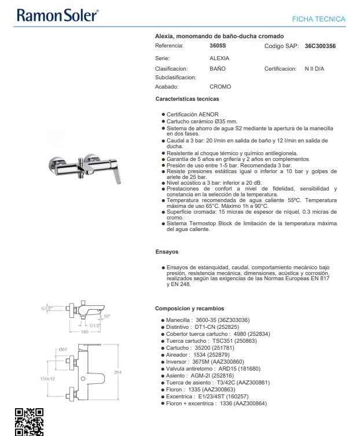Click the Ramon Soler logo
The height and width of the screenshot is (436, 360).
coord(57,15)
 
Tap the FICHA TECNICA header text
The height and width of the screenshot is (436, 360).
coord(318,19)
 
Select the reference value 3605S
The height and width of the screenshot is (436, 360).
coord(218,45)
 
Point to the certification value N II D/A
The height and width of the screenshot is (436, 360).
coord(315,68)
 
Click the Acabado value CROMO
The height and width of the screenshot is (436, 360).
coord(220,87)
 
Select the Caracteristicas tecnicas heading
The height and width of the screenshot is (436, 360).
coord(187,99)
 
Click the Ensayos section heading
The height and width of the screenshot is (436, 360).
coord(167,252)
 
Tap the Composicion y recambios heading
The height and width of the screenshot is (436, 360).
coord(189,309)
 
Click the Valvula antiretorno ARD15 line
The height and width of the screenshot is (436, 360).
coord(214,368)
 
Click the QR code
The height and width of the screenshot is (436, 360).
coord(28,422)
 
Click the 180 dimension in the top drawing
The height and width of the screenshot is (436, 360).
coord(85,332)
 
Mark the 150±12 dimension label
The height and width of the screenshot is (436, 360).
coord(48,379)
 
